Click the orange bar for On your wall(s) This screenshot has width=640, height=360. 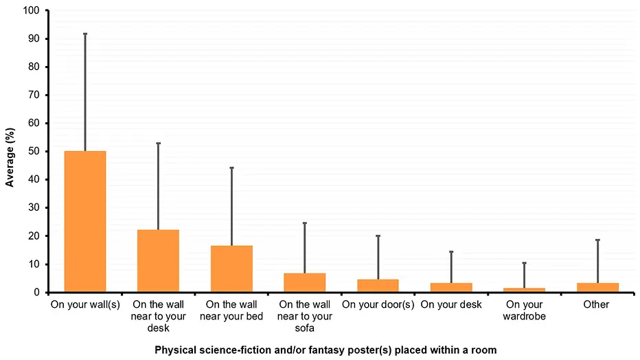pyautogui.click(x=85, y=221)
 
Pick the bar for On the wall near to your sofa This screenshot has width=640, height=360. pyautogui.click(x=304, y=282)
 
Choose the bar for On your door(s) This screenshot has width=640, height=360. pyautogui.click(x=378, y=285)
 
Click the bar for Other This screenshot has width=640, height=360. pyautogui.click(x=597, y=287)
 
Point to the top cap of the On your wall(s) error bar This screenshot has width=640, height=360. pyautogui.click(x=85, y=34)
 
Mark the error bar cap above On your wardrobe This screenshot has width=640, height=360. pyautogui.click(x=524, y=263)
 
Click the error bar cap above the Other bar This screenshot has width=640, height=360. pyautogui.click(x=597, y=240)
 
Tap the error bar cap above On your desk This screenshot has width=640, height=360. pyautogui.click(x=451, y=252)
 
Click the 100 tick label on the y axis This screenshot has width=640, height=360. pyautogui.click(x=32, y=11)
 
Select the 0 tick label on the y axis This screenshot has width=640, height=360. pyautogui.click(x=37, y=293)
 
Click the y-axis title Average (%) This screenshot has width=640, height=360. pyautogui.click(x=10, y=152)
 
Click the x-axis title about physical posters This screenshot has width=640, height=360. pyautogui.click(x=325, y=350)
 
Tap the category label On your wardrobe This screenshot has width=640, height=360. pyautogui.click(x=524, y=310)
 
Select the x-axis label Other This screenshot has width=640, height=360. pyautogui.click(x=596, y=304)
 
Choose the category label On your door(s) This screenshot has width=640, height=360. pyautogui.click(x=378, y=304)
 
